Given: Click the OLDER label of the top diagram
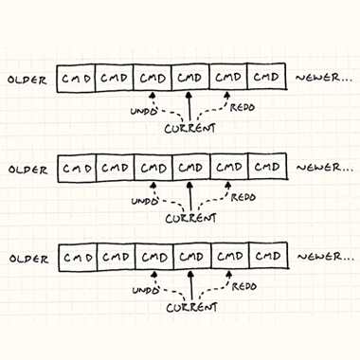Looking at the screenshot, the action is click(x=27, y=80).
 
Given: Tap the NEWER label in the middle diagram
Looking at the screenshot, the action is click(x=325, y=168).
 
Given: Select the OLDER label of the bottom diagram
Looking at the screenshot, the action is click(x=29, y=259).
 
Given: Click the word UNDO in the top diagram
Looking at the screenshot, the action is click(x=144, y=111).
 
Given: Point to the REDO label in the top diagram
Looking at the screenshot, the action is click(x=243, y=107).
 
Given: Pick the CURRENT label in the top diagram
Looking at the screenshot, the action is click(x=190, y=128).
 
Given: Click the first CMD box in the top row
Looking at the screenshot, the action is click(x=76, y=79).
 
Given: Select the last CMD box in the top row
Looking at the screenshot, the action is click(x=266, y=77).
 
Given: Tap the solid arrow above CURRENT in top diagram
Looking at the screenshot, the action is click(x=189, y=106).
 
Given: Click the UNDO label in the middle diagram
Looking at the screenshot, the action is click(x=145, y=201).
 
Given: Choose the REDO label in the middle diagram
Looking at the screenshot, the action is click(x=243, y=197).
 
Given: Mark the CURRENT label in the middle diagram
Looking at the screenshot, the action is click(x=191, y=218).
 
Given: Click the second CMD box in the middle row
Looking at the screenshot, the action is click(x=116, y=168).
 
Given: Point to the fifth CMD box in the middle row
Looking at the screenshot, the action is click(x=229, y=167).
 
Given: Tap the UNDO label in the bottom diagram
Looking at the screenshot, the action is click(x=146, y=290).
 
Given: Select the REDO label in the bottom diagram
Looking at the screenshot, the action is click(x=244, y=287).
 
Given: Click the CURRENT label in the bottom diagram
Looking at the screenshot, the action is click(x=192, y=308).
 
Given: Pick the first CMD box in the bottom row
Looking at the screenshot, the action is click(x=78, y=258).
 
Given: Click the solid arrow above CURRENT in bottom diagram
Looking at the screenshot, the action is click(x=190, y=285).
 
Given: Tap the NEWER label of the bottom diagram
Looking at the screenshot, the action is click(x=326, y=257).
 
